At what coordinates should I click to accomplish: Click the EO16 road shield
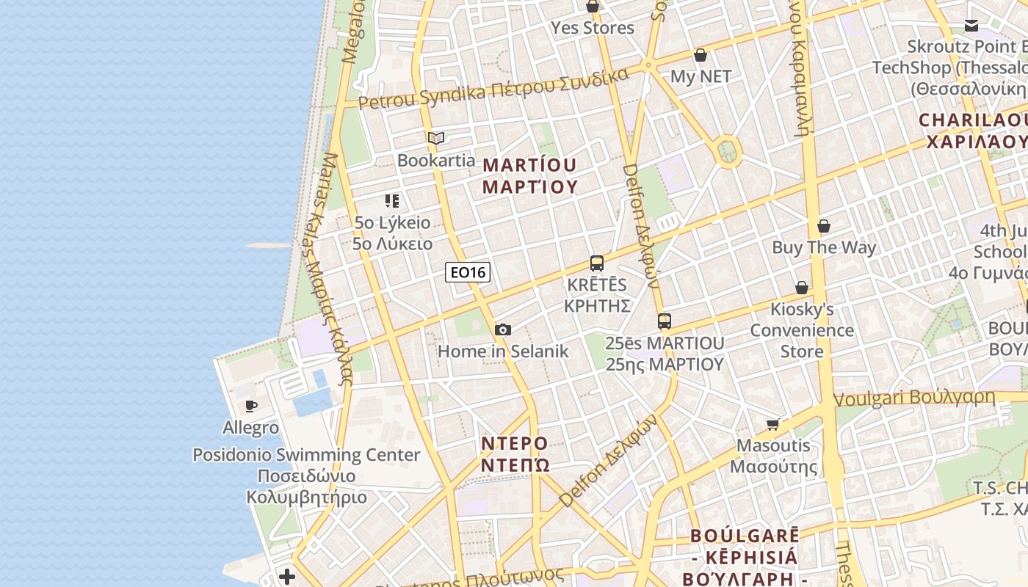pos(468,273)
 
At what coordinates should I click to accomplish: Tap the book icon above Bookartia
pos(436,138)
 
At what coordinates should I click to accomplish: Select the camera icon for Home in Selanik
pos(503,330)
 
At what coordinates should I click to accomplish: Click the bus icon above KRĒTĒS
pos(597,263)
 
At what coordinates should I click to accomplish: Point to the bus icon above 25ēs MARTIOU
pos(665,321)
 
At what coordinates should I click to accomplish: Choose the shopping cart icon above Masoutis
pos(773,424)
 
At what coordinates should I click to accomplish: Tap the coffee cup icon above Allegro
pos(251,406)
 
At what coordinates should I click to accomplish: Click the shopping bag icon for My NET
pos(701,55)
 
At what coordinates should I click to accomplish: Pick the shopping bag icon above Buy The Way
pos(824,226)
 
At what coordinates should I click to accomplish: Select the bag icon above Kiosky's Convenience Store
pos(802,288)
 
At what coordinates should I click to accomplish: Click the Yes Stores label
pos(593,28)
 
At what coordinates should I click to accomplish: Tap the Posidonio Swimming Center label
pos(306,455)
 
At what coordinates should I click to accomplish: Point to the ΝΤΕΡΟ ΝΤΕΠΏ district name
pos(515,454)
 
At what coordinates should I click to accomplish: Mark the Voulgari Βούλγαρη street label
pos(915,398)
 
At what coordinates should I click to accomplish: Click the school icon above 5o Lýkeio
pos(392,200)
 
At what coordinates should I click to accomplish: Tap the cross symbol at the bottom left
pos(287,577)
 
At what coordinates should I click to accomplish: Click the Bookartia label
pos(436,160)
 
